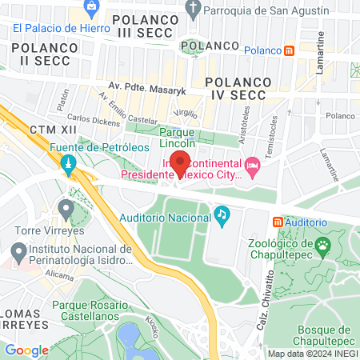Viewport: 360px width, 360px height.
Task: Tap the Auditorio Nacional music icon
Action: (x=222, y=215)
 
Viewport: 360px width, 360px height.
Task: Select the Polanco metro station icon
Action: (x=289, y=50)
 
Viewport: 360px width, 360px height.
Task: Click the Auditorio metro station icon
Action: (x=278, y=222)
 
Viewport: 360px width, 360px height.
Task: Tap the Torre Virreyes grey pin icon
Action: (x=66, y=210)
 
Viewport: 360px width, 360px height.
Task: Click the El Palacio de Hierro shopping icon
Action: (x=92, y=7)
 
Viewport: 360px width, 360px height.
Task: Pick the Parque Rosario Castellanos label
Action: (x=90, y=311)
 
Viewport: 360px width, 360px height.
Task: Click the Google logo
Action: (x=27, y=350)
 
